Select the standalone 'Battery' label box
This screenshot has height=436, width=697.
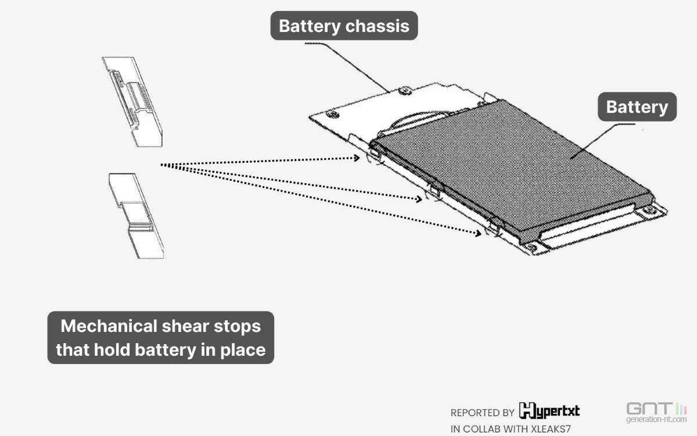tap(637, 107)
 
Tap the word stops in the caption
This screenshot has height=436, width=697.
tap(239, 326)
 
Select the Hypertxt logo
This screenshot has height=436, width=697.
tap(549, 411)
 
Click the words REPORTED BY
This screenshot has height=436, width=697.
tap(482, 413)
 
